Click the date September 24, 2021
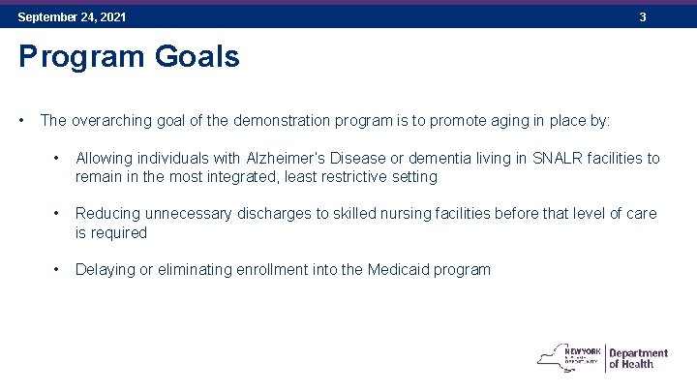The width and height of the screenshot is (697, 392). [72, 17]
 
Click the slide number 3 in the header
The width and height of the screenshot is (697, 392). [642, 17]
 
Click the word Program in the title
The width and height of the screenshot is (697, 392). [80, 57]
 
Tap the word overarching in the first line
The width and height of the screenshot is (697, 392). [111, 121]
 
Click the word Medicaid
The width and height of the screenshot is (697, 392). [401, 269]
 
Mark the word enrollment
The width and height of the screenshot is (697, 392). [272, 269]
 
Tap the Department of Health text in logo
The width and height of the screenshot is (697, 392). [638, 358]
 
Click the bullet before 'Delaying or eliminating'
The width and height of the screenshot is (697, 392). [59, 269]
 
